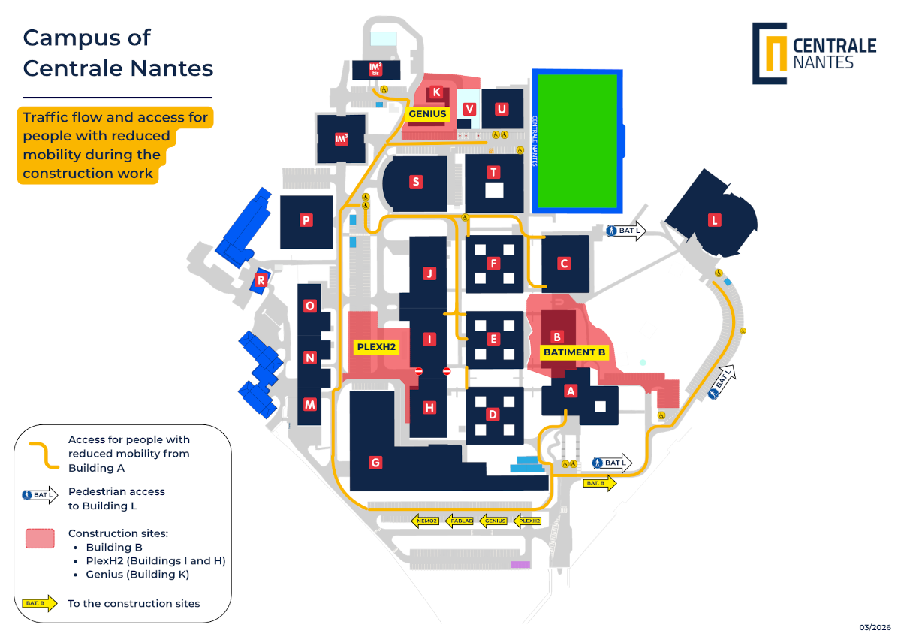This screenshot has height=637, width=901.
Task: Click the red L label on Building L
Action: [x=715, y=220]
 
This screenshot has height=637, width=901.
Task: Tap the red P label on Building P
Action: [x=306, y=220]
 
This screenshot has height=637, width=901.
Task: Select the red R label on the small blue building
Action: [x=261, y=281]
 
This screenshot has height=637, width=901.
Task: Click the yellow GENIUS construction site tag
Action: [x=427, y=114]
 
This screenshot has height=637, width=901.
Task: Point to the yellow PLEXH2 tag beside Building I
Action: [x=375, y=347]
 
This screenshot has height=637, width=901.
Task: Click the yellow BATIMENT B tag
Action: [x=574, y=352]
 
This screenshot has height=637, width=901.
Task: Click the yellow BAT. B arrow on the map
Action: [x=599, y=483]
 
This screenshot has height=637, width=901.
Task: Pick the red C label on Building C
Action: [x=564, y=264]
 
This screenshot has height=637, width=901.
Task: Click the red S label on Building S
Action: [x=415, y=182]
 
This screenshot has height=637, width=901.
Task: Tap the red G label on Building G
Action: [x=375, y=463]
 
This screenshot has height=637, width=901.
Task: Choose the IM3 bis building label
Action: [x=376, y=69]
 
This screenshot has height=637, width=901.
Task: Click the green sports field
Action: [x=576, y=142]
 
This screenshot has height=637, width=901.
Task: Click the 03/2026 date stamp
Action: [x=875, y=626]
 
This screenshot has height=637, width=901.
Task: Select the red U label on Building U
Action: [x=502, y=109]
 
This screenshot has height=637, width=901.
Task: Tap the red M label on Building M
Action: [x=309, y=404]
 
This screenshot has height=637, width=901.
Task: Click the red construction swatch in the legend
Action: [x=41, y=539]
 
